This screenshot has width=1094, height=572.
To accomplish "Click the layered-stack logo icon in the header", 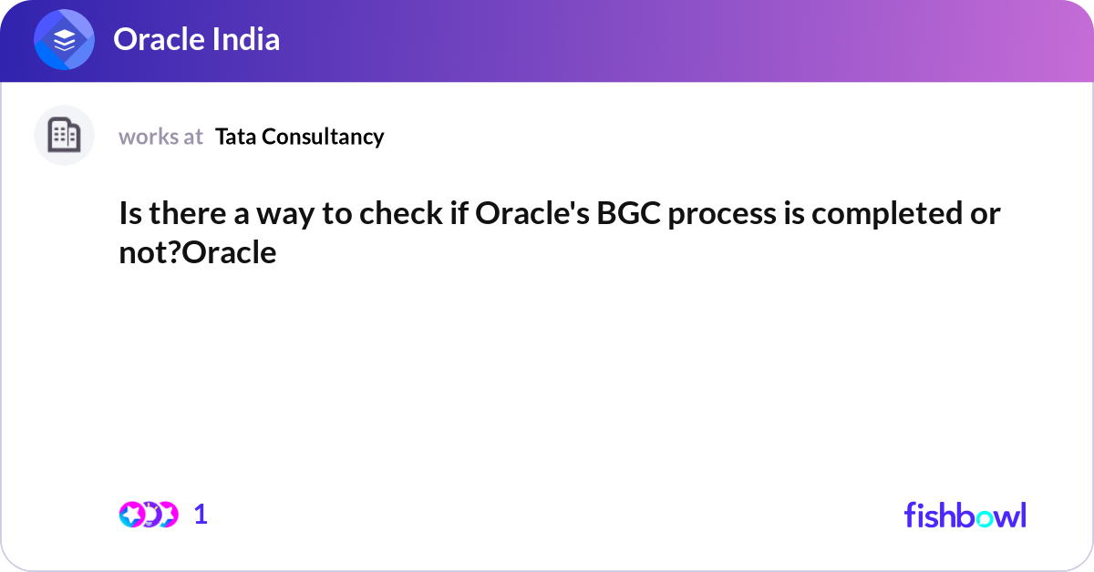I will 64,40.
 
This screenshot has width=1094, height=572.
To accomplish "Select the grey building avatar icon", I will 64,136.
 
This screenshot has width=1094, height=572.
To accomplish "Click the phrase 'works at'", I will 160,137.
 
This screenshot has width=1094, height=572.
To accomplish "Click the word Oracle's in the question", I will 527,215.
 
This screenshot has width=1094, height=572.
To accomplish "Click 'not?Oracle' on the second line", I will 198,253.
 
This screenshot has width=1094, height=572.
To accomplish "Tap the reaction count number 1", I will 201,515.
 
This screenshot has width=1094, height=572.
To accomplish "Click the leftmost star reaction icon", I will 131,515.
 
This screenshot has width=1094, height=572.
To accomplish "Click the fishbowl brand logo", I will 965,515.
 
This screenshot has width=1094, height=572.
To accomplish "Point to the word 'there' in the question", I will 186,215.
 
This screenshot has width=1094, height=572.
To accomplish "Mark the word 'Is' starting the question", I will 129,215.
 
